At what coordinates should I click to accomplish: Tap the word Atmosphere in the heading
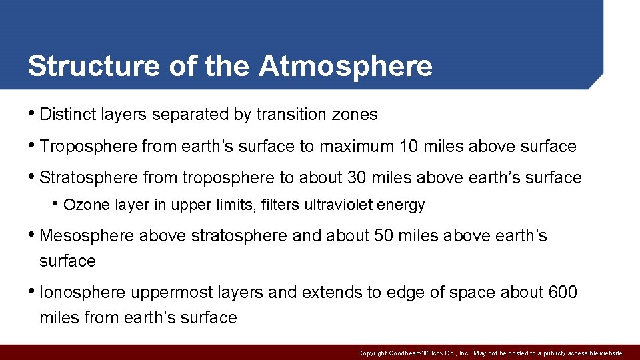click(x=345, y=66)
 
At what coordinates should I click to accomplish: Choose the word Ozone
click(x=86, y=205)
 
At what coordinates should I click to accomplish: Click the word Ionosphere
click(x=83, y=293)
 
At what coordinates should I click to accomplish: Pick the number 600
click(x=562, y=293)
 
